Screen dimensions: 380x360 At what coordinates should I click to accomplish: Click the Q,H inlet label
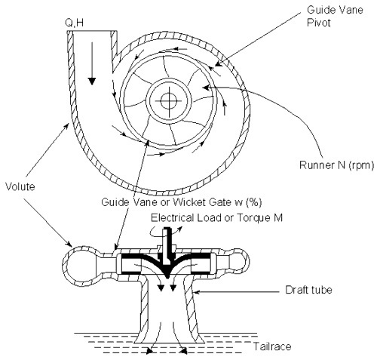[75, 23]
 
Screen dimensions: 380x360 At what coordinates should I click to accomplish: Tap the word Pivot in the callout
[318, 23]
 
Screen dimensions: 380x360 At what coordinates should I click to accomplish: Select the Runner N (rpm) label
[337, 165]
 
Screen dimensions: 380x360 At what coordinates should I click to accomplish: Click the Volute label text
[20, 186]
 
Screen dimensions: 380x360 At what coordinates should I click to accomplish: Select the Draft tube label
[308, 290]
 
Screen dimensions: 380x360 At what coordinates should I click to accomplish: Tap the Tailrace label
[272, 346]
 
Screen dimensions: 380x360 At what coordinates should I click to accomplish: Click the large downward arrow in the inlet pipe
[92, 63]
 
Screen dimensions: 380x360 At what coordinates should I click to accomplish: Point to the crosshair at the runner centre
[168, 101]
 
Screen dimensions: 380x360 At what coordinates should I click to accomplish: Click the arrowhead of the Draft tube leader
[197, 292]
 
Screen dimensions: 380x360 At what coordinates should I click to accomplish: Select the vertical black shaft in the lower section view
[167, 247]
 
